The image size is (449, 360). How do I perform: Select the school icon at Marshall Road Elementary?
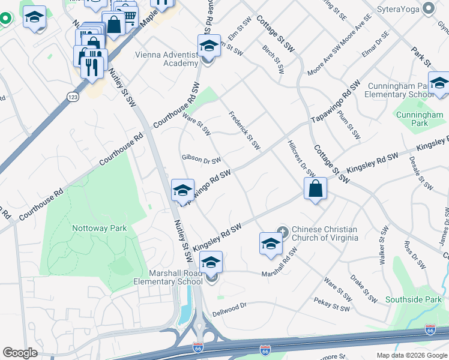[x=211, y=262]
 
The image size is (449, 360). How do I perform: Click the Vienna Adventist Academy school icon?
[x=209, y=46]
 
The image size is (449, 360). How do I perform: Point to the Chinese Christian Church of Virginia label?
[x=324, y=234]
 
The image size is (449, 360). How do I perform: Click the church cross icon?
[x=283, y=230]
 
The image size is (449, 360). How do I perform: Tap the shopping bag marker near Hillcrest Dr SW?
[x=315, y=189]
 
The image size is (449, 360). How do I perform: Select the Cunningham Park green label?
[x=420, y=118]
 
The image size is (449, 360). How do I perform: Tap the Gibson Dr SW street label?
[x=201, y=160]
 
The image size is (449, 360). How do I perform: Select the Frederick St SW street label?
[x=244, y=130]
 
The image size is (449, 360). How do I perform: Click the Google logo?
[x=20, y=353]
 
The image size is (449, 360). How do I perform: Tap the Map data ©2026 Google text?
[x=412, y=355]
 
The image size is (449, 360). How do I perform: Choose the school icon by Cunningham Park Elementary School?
[x=439, y=84]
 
